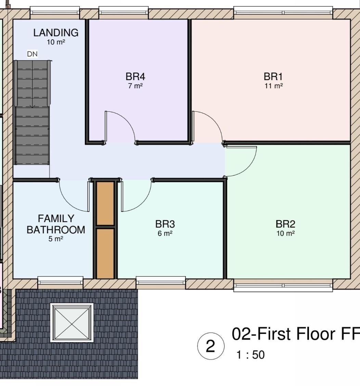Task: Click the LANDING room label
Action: [x=56, y=33]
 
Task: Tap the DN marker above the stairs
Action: [x=32, y=54]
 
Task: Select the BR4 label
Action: [x=136, y=77]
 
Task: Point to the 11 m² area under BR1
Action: [x=273, y=86]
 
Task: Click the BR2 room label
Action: [x=285, y=224]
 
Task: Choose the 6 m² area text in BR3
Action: [x=165, y=233]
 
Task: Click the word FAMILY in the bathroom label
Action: [x=56, y=219]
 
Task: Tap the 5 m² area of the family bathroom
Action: [x=56, y=239]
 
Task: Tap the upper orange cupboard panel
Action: [x=105, y=203]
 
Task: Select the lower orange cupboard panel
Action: [x=105, y=254]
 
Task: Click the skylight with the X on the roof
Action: [x=72, y=322]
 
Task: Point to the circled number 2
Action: [x=211, y=346]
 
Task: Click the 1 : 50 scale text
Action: [x=250, y=355]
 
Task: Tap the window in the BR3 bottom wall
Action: [x=161, y=280]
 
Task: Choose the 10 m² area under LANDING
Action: [x=56, y=42]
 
